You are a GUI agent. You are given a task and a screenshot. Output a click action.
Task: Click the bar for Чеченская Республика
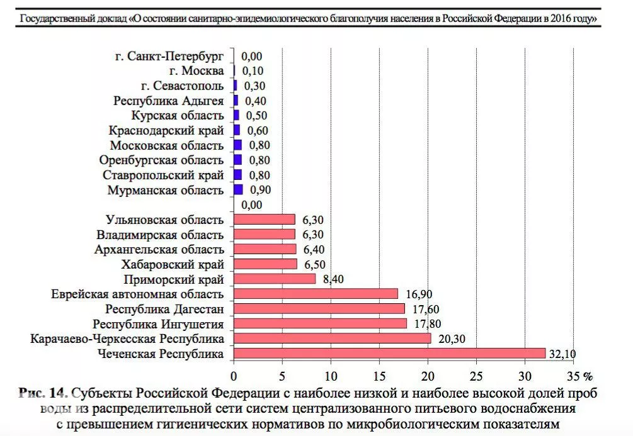click(x=389, y=354)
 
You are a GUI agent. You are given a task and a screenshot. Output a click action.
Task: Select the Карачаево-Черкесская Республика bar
click(x=332, y=338)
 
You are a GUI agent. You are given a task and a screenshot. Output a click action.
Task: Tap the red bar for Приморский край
click(x=275, y=279)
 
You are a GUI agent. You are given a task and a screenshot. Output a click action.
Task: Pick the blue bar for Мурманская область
click(x=238, y=189)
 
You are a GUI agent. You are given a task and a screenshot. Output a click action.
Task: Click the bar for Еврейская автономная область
click(x=316, y=294)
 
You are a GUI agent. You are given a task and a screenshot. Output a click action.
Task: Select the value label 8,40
click(x=334, y=279)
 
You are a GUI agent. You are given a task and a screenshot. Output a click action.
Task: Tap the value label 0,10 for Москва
click(x=253, y=70)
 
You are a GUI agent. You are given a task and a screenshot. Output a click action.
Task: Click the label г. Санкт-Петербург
click(x=169, y=56)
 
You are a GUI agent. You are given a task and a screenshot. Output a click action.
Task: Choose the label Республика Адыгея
click(x=169, y=101)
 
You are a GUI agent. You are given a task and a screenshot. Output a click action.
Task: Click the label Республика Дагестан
click(x=164, y=309)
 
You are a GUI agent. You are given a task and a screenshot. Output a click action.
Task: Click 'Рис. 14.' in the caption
click(x=43, y=393)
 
